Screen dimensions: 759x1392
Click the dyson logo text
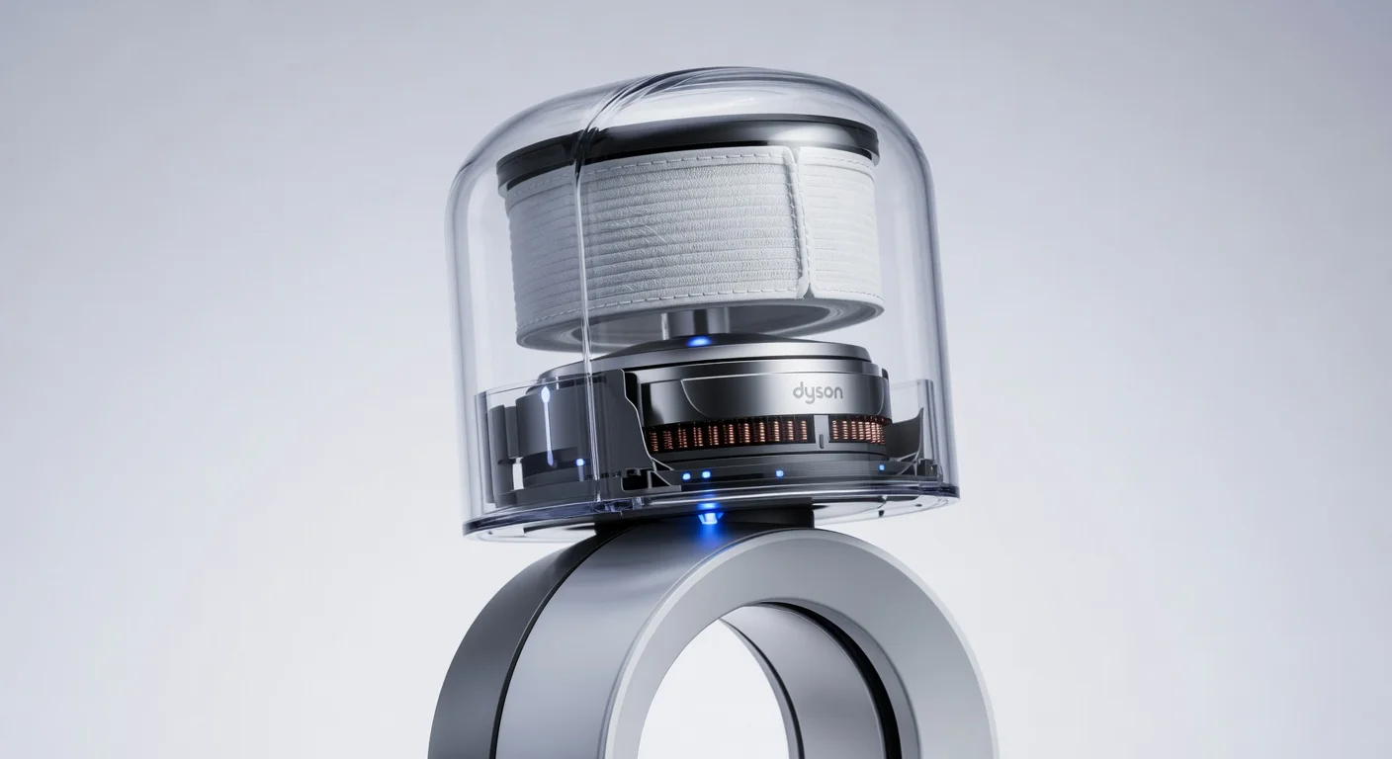pos(818,392)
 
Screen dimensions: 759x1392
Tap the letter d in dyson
pos(798,391)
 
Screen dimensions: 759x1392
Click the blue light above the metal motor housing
pos(700,342)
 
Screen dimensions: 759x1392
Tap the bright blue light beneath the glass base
pos(708,512)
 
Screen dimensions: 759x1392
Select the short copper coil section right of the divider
pos(859,429)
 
